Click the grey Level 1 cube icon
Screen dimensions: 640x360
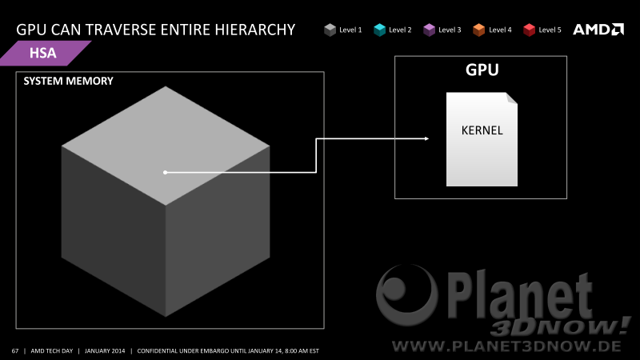click(330, 30)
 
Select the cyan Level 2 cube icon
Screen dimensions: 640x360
click(379, 30)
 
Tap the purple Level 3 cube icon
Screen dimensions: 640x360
click(429, 30)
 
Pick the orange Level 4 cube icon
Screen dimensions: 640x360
click(478, 30)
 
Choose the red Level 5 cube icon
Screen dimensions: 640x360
click(529, 30)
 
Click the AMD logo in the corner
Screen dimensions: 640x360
click(598, 30)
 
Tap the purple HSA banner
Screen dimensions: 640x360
click(46, 53)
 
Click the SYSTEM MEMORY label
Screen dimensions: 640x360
click(68, 81)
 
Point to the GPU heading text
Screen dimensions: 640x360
click(482, 70)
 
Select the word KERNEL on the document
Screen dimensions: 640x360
click(482, 130)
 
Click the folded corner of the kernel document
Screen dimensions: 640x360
click(512, 98)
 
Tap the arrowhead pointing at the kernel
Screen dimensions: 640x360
click(426, 138)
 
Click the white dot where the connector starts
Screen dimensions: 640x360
click(165, 172)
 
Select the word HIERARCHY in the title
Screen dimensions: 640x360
click(255, 30)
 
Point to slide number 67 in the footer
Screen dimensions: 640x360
click(15, 350)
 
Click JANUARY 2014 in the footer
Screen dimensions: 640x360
click(105, 350)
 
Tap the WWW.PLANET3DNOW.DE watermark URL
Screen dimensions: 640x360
click(506, 346)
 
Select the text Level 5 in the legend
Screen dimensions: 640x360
click(550, 30)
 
